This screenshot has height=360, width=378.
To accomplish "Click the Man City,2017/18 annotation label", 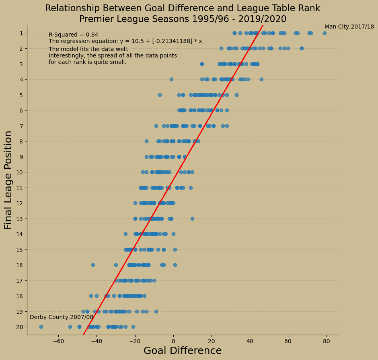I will (349, 27).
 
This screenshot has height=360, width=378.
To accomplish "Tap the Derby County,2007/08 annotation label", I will (62, 317).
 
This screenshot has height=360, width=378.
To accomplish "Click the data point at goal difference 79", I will (325, 33).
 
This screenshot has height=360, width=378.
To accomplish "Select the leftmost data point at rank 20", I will (41, 327).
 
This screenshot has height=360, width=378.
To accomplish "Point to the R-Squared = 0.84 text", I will (73, 35).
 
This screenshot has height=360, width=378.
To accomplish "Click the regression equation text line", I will (125, 41).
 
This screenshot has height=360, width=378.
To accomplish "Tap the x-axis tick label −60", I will (58, 341).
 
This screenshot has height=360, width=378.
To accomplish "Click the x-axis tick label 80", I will (327, 341).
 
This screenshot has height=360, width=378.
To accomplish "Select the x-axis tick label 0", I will (173, 341).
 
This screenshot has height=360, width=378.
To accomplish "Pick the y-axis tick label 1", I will (21, 33).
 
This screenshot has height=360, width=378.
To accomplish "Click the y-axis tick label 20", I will (19, 327).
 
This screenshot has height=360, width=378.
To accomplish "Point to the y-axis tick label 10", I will (19, 172).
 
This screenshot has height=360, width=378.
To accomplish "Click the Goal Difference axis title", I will (183, 351).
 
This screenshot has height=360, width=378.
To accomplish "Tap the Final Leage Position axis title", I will (8, 180).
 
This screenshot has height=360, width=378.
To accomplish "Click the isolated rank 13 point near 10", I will (192, 219).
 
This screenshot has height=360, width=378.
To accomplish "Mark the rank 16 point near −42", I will (93, 265).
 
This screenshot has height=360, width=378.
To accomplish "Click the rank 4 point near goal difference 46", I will (261, 79).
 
